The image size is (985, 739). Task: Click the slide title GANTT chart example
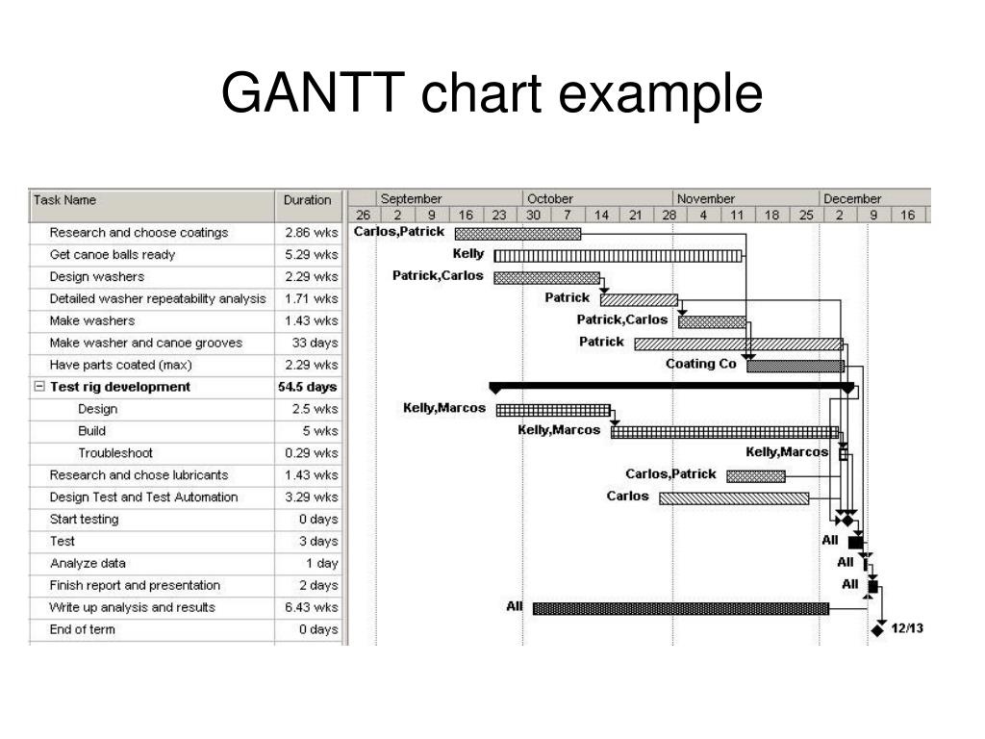pyautogui.click(x=492, y=94)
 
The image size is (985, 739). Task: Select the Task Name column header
pyautogui.click(x=65, y=200)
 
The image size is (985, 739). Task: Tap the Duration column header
pyautogui.click(x=307, y=200)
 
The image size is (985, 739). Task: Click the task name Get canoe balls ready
pyautogui.click(x=113, y=255)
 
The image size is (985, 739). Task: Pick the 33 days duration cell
pyautogui.click(x=315, y=343)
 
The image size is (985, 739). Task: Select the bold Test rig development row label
pyautogui.click(x=120, y=387)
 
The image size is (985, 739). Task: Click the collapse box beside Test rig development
pyautogui.click(x=39, y=387)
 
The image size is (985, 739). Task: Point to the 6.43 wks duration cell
pyautogui.click(x=312, y=607)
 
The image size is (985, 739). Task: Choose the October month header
pyautogui.click(x=550, y=199)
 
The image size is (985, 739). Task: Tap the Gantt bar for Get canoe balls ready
pyautogui.click(x=619, y=255)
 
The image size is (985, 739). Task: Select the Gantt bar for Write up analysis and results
pyautogui.click(x=680, y=608)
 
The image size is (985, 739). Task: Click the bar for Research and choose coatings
pyautogui.click(x=518, y=233)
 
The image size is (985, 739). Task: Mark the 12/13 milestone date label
pyautogui.click(x=907, y=629)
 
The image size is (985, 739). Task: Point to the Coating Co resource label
pyautogui.click(x=701, y=364)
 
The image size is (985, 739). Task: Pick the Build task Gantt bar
pyautogui.click(x=724, y=431)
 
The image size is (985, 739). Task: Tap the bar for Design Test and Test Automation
pyautogui.click(x=734, y=497)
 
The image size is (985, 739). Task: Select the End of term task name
pyautogui.click(x=83, y=629)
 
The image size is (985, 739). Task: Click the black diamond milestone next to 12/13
pyautogui.click(x=877, y=630)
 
